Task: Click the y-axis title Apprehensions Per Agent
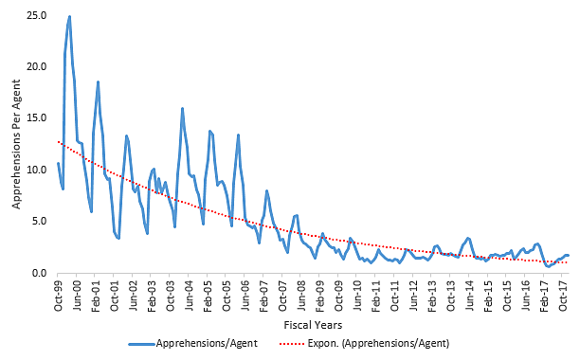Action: (x=12, y=144)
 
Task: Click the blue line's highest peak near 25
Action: (x=69, y=16)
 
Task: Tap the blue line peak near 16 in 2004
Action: (x=182, y=108)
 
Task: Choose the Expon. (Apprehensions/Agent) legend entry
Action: (x=385, y=343)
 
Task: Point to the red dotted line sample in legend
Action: (x=299, y=343)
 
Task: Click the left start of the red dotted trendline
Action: (x=59, y=142)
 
